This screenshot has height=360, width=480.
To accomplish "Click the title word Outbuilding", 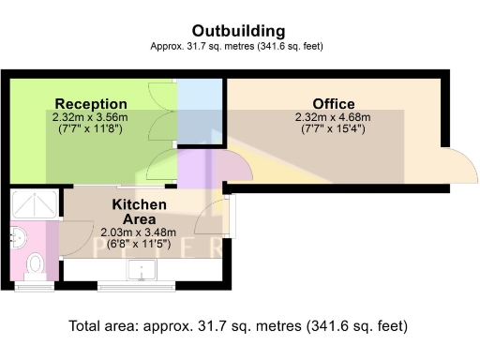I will [239, 31].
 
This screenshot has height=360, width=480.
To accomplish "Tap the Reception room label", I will [91, 103].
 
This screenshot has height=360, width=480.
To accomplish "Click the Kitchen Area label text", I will [140, 211].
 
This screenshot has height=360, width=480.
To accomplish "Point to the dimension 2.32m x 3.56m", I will [91, 117].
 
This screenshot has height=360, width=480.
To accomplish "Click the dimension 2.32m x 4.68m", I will [333, 117].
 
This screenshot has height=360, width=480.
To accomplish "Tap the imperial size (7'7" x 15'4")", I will [333, 129].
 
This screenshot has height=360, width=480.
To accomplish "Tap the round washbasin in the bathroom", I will [20, 238].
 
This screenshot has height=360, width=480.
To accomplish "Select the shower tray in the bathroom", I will [34, 204].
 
